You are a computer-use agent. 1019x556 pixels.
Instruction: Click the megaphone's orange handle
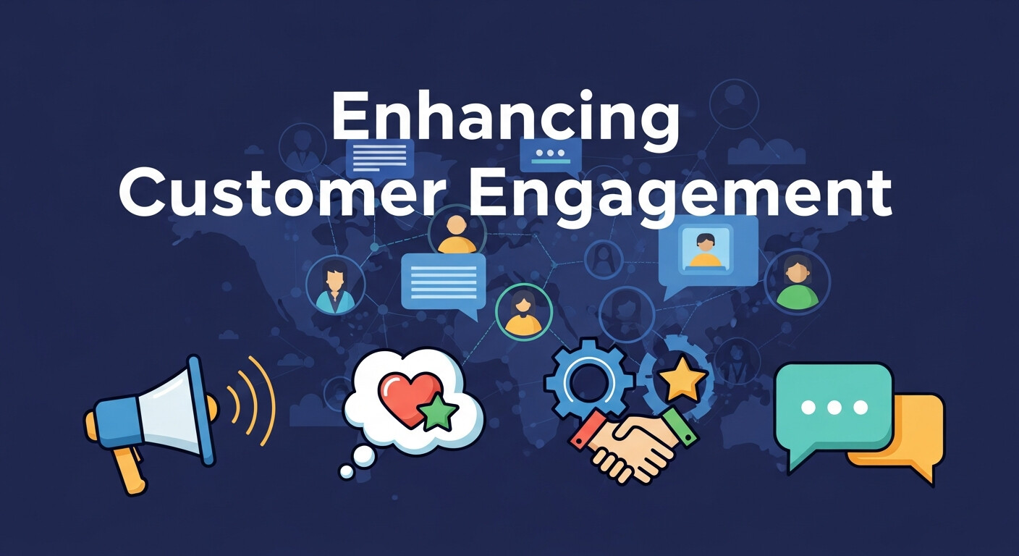129,467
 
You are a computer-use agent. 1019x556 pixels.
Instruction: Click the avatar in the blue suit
335,287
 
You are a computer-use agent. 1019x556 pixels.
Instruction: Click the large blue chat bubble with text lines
443,282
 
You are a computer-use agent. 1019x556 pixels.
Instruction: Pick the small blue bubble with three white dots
551,154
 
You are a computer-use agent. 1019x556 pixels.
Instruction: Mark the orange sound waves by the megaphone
253,401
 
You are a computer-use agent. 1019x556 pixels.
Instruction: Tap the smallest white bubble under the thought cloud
347,472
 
